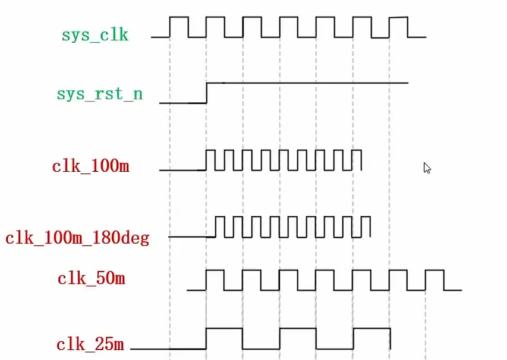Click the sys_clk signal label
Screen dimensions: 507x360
click(x=95, y=34)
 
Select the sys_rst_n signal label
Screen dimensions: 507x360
click(x=100, y=94)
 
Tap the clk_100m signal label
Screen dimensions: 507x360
click(x=90, y=166)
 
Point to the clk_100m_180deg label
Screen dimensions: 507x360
click(x=77, y=238)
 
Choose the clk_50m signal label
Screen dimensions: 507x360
click(x=91, y=279)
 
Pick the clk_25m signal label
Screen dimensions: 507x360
click(x=90, y=344)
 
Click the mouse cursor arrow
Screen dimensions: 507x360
click(x=427, y=168)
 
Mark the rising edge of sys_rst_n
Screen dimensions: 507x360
click(x=206, y=93)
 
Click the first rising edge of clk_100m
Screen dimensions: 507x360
click(x=206, y=160)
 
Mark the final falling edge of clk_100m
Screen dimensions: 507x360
click(x=361, y=160)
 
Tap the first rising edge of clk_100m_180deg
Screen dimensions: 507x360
click(x=215, y=227)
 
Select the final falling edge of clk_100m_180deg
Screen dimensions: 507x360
click(x=370, y=227)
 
